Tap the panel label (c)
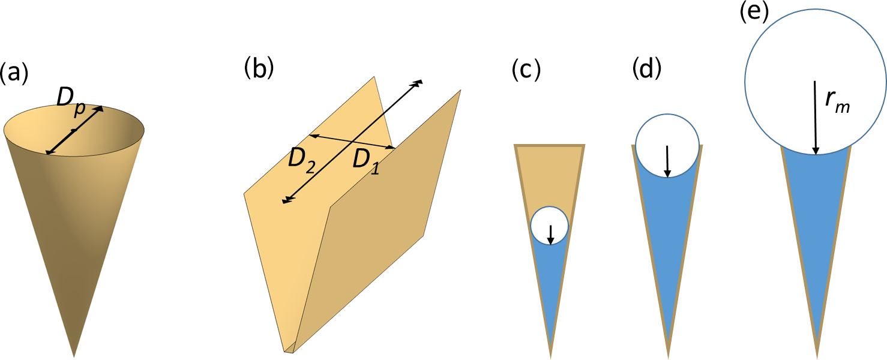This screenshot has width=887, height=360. (526, 70)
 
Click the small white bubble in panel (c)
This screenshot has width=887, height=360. (549, 226)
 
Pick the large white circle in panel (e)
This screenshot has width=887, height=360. (815, 81)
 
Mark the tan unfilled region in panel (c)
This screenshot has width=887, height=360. (549, 174)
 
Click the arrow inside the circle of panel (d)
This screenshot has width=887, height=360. (667, 161)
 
